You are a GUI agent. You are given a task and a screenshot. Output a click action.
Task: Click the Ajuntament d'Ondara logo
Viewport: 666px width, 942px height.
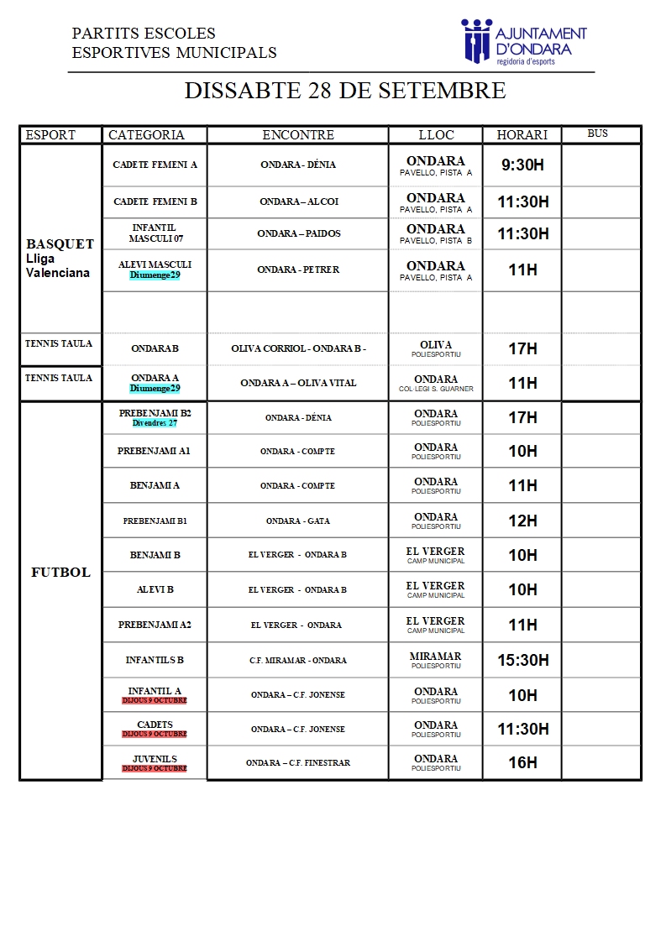coord(523,40)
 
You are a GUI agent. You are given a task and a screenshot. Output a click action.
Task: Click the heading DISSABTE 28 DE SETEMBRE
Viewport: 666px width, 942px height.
coord(345,91)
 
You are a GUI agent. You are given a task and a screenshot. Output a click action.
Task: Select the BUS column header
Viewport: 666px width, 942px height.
coord(597,134)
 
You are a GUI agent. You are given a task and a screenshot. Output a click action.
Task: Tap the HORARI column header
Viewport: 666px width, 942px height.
coord(522,135)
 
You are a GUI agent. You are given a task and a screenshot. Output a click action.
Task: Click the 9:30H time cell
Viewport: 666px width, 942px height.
coord(522,165)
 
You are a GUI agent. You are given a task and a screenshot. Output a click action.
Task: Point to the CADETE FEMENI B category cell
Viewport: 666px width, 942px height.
coord(155,202)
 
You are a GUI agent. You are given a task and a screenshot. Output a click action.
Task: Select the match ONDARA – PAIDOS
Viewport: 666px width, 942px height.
coord(298,233)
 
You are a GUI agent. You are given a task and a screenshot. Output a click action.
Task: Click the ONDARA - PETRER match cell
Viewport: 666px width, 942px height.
coord(298,270)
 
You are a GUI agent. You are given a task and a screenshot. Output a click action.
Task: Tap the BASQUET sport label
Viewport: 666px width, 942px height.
coord(60,244)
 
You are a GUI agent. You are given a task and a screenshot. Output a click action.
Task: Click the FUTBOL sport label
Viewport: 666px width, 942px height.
coord(60,573)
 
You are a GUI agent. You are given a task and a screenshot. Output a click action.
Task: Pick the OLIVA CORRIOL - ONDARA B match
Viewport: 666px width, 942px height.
coord(298,348)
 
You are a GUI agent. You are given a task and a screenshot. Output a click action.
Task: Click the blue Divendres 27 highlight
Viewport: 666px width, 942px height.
coord(155,423)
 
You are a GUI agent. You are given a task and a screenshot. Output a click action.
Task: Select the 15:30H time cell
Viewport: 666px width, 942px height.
coord(522,661)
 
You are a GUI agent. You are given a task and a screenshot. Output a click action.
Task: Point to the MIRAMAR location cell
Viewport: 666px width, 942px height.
coord(435,660)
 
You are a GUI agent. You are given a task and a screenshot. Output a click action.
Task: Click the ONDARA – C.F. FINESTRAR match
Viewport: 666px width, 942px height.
coord(298,763)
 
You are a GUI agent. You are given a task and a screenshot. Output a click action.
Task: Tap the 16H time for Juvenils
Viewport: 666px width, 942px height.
coord(522,763)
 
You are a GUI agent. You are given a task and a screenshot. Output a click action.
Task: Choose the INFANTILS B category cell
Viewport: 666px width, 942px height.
coord(155,661)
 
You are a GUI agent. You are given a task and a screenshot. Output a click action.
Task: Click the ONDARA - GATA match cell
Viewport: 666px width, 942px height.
coord(298,521)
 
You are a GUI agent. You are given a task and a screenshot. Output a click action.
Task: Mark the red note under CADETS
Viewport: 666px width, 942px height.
coord(155,734)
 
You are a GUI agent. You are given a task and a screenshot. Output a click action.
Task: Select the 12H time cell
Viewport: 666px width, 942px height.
coord(522,521)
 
